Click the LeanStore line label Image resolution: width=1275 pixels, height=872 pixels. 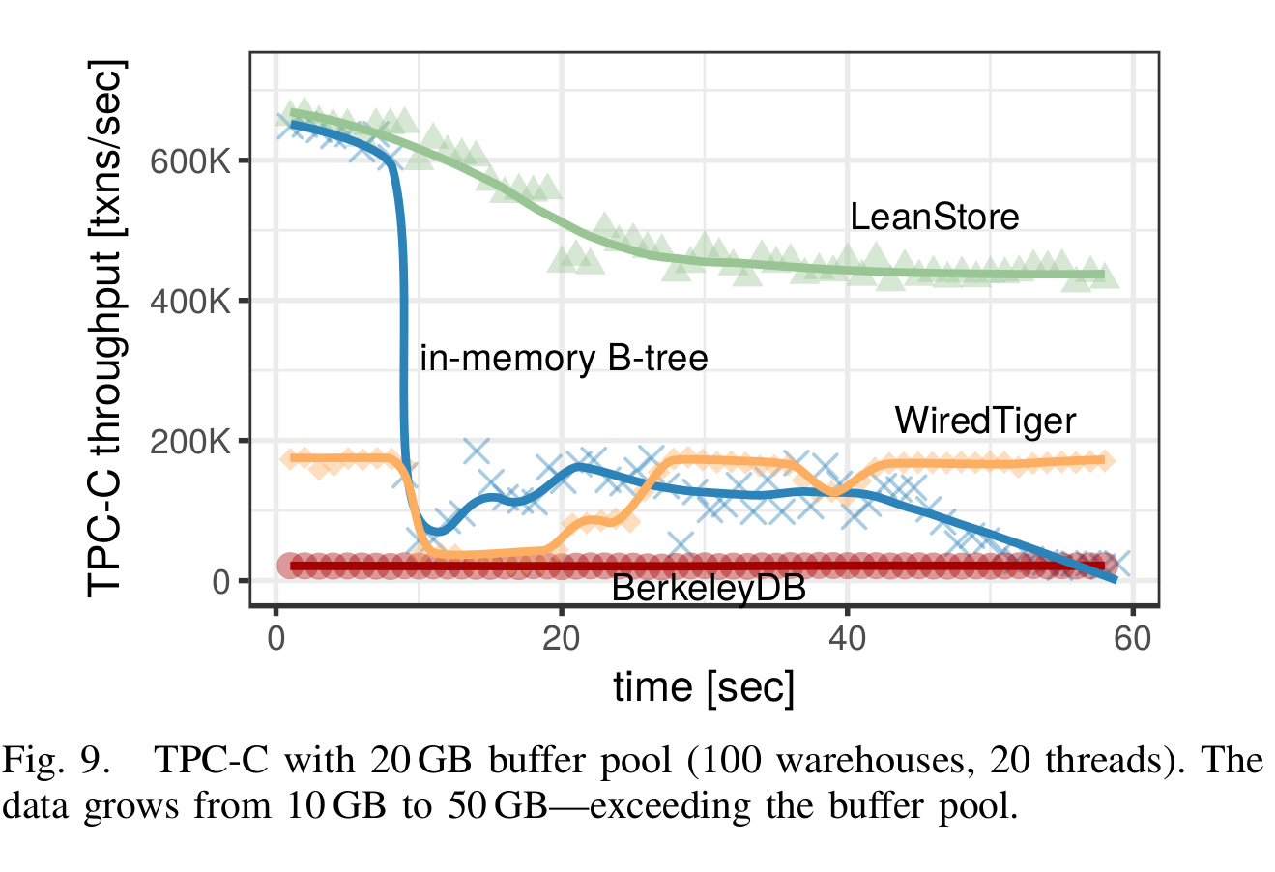coord(934,217)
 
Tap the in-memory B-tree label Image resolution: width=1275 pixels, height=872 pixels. coord(564,359)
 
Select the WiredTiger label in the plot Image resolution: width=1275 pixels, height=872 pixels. coord(984,421)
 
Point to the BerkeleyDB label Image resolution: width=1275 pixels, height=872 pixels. coord(708,587)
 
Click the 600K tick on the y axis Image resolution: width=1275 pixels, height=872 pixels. coord(191,160)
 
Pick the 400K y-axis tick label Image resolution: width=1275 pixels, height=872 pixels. coord(191,301)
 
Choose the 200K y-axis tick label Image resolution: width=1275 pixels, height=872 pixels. coord(191,441)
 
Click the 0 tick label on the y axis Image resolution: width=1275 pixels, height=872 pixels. coord(221,581)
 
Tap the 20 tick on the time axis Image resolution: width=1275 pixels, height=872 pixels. coord(561,639)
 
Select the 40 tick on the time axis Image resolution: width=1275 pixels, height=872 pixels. coord(847,639)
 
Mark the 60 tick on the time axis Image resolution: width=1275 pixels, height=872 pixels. coord(1132,639)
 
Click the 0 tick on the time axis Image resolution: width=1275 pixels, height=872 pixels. coord(276,639)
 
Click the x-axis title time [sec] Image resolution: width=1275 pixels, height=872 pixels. coord(704,687)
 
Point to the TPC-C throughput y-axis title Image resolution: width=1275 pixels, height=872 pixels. coord(106,329)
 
